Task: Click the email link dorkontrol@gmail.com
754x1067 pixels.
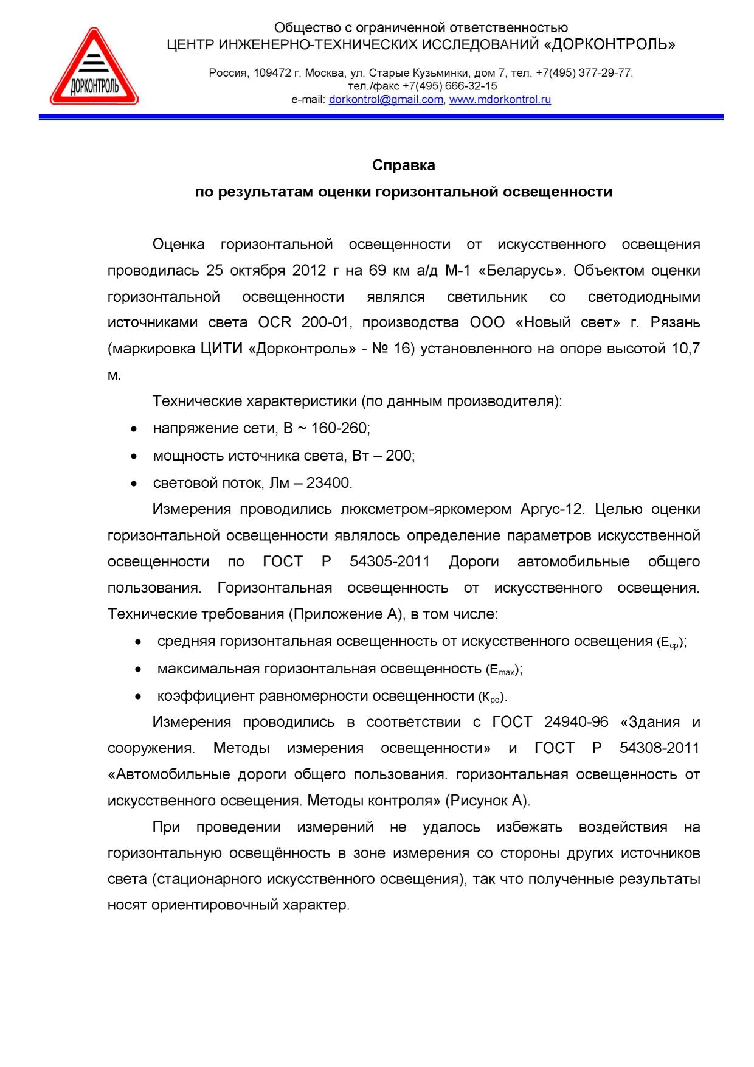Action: point(386,100)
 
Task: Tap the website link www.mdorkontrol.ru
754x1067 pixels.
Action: point(500,100)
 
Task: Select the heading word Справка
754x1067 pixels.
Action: point(403,165)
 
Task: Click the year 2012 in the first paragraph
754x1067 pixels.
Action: point(309,270)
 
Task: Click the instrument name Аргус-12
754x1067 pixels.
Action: point(552,509)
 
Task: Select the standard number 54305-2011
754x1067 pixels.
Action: point(390,561)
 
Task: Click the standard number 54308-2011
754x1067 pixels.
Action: point(659,748)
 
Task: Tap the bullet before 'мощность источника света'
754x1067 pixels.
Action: point(134,456)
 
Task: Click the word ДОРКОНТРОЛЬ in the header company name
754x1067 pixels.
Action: point(612,45)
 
